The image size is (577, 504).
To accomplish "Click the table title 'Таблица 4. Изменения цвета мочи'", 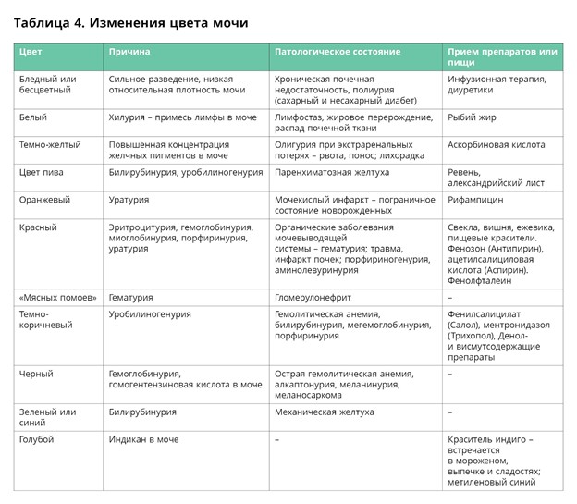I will click(x=130, y=20).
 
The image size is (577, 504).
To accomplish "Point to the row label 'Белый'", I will click(x=33, y=117).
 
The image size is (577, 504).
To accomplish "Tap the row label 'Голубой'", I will click(x=37, y=439).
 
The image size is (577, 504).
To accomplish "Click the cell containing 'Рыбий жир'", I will click(x=471, y=117).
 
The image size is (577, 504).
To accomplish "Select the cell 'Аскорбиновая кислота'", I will click(x=496, y=145).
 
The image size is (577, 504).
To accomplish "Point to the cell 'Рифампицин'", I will click(x=476, y=200).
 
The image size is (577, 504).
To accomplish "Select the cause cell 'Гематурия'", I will click(x=130, y=297).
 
